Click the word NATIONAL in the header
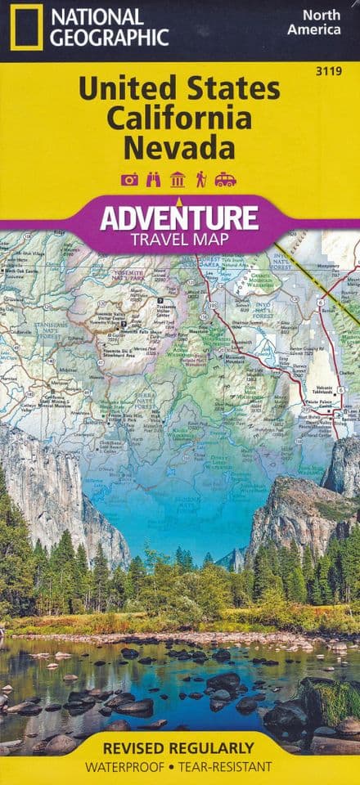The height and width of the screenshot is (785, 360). point(96,16)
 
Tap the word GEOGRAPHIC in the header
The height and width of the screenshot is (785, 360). point(108,37)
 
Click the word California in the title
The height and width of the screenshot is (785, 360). point(179,119)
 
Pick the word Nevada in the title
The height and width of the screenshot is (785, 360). point(180,148)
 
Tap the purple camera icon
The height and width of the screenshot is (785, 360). point(129,180)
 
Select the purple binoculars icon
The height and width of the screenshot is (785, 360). point(153,180)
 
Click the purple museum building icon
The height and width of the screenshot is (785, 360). point(177,180)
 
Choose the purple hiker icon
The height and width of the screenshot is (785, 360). point(200,180)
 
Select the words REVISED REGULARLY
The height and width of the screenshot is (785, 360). point(179,749)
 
